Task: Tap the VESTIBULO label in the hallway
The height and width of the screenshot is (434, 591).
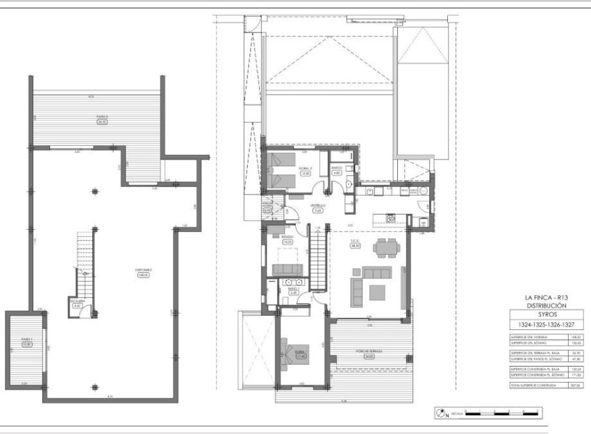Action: (x=318, y=206)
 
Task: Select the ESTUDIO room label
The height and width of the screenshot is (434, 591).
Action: (x=287, y=237)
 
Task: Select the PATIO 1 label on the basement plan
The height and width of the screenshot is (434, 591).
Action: (x=27, y=341)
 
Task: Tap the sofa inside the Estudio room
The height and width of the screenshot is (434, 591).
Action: (x=286, y=269)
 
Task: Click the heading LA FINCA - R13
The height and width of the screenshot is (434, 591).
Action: (x=544, y=297)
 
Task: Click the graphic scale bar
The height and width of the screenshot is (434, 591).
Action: (x=503, y=414)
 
